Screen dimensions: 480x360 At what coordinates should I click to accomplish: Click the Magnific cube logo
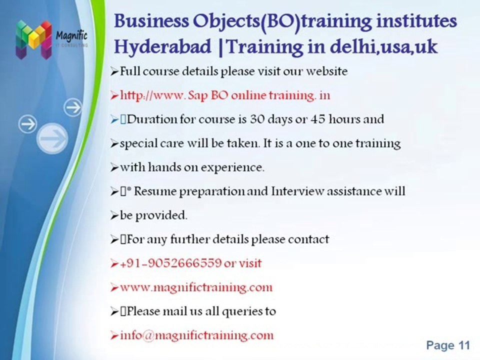pyautogui.click(x=33, y=39)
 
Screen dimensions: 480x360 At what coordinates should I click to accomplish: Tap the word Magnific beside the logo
pyautogui.click(x=71, y=36)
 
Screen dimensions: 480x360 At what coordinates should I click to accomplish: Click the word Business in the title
pyautogui.click(x=151, y=21)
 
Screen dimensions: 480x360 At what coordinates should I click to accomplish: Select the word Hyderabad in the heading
pyautogui.click(x=162, y=47)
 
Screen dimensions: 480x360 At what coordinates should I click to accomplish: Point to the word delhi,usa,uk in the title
pyautogui.click(x=383, y=47)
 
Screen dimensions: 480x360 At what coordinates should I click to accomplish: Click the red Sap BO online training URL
pyautogui.click(x=225, y=95)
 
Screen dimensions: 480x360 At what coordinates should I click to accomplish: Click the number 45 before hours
pyautogui.click(x=318, y=119)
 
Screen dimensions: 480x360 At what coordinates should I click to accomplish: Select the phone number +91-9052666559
pyautogui.click(x=170, y=263)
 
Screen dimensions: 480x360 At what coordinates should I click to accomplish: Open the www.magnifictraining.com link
pyautogui.click(x=196, y=287)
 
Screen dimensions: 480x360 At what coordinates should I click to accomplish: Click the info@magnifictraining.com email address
pyautogui.click(x=197, y=335)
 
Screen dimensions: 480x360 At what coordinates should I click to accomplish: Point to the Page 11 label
pyautogui.click(x=448, y=345)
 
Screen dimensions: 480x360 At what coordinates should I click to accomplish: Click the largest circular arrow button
pyautogui.click(x=52, y=138)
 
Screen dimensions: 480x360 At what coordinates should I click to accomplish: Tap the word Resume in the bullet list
pyautogui.click(x=155, y=191)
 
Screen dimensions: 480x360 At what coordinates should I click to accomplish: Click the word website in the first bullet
pyautogui.click(x=327, y=71)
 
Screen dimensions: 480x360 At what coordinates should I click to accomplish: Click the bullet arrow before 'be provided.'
pyautogui.click(x=114, y=216)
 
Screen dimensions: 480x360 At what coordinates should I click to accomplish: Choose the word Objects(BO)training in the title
pyautogui.click(x=283, y=21)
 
